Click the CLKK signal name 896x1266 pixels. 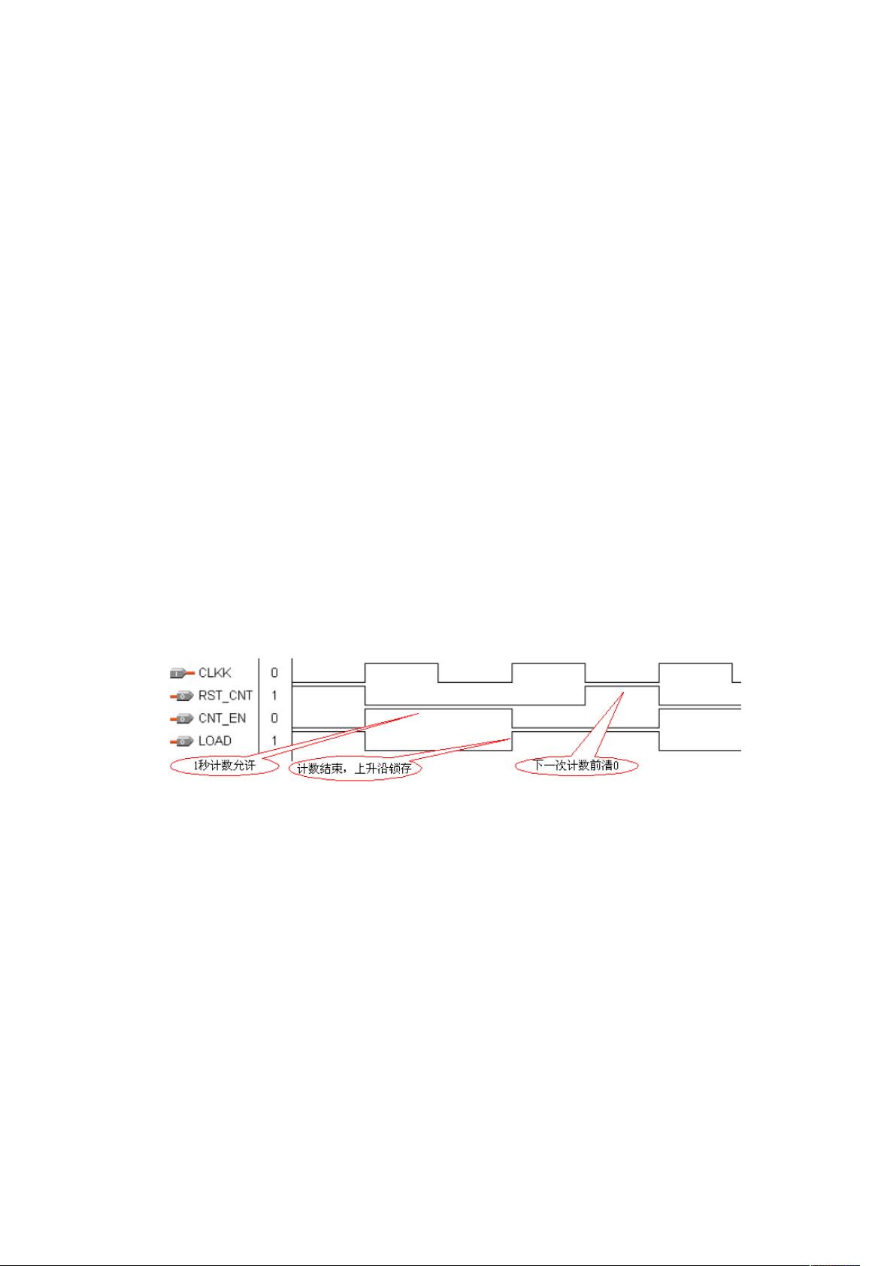[x=215, y=673]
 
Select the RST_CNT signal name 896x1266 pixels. [x=226, y=696]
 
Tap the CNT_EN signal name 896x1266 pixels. [x=222, y=718]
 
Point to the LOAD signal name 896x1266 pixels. [x=215, y=741]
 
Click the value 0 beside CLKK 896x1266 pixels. [x=274, y=673]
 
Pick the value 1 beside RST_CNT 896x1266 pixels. [x=274, y=696]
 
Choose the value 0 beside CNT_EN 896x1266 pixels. [x=274, y=718]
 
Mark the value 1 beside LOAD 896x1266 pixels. [x=274, y=741]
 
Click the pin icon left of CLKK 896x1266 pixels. [x=181, y=673]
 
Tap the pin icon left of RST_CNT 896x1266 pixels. [x=181, y=696]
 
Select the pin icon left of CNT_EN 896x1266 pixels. [x=181, y=719]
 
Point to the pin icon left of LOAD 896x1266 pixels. [x=181, y=742]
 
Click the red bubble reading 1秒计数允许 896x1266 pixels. [x=225, y=766]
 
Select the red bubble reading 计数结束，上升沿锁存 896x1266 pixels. [x=353, y=769]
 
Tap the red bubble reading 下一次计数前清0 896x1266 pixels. [x=576, y=766]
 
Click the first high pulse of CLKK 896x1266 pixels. [x=401, y=664]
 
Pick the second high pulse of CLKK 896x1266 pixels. [x=549, y=664]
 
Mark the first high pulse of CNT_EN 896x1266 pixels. [x=438, y=709]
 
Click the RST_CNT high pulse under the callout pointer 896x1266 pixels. [x=622, y=687]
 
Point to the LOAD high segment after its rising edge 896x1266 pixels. [x=586, y=732]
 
